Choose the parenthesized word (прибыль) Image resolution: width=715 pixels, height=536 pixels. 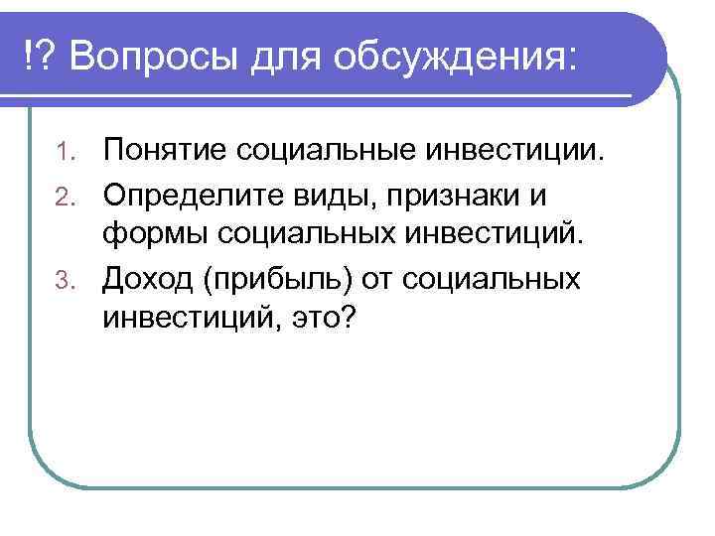click(x=279, y=280)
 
